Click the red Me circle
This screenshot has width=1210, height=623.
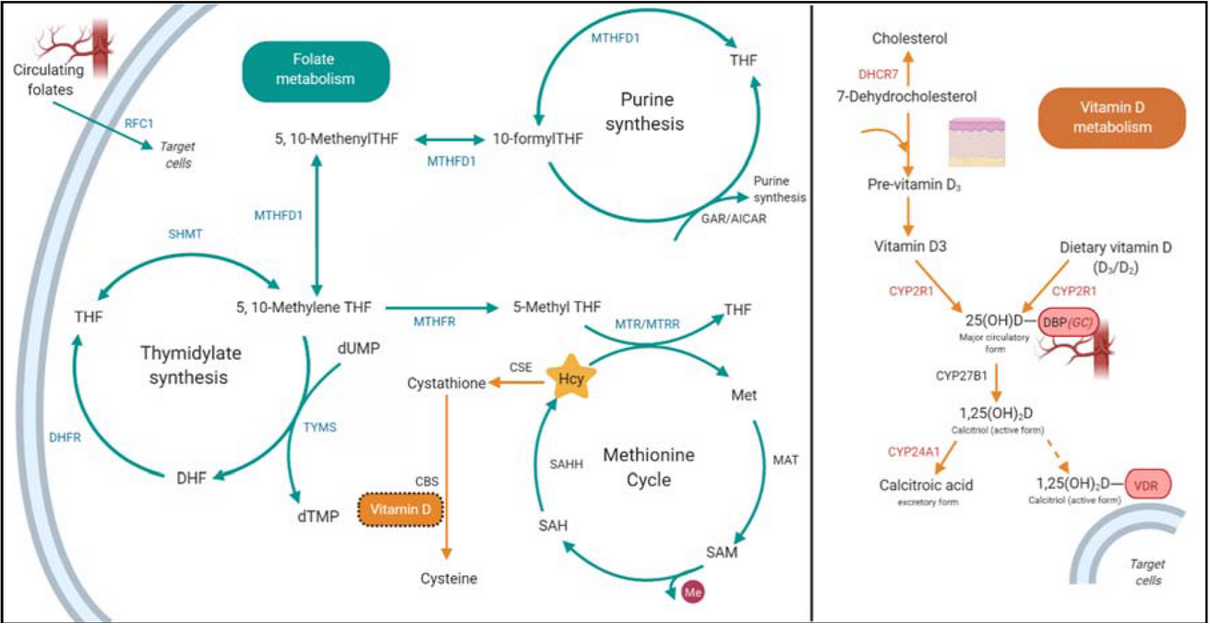pyautogui.click(x=695, y=591)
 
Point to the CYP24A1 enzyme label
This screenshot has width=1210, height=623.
pyautogui.click(x=914, y=452)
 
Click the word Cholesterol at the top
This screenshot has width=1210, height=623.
pyautogui.click(x=910, y=39)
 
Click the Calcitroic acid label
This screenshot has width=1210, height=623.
pyautogui.click(x=926, y=484)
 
